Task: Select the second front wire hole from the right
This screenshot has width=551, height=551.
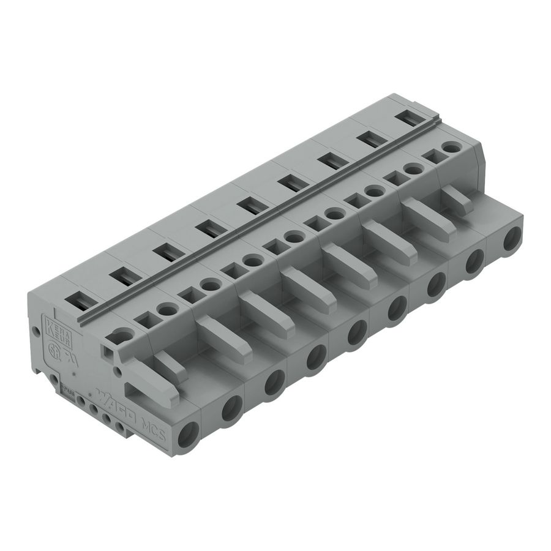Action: [474, 263]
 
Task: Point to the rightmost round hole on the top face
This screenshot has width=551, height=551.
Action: [451, 148]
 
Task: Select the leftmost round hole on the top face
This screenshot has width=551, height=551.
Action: [122, 334]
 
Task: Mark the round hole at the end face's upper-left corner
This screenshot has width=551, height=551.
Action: [36, 331]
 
